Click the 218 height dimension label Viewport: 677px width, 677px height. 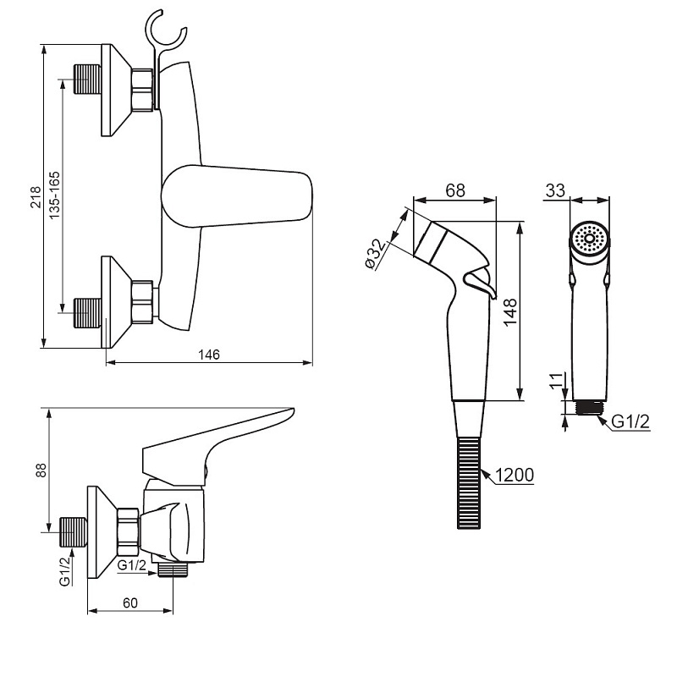pos(36,197)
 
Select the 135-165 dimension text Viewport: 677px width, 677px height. pos(54,195)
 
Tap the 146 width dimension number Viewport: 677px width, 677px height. pos(209,355)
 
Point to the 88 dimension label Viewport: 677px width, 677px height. pos(41,471)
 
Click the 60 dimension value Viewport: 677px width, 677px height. pos(130,603)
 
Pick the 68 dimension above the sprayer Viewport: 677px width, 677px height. pos(455,190)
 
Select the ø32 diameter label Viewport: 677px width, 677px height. pos(374,253)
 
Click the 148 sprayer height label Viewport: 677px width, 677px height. pos(510,312)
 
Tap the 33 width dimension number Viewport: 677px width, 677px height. pos(555,190)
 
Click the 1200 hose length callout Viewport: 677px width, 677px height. pos(515,475)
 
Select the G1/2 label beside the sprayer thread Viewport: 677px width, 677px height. pos(630,421)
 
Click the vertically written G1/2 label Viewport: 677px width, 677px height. pos(65,571)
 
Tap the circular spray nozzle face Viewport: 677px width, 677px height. pos(589,238)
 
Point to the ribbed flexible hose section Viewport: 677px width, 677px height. pos(469,482)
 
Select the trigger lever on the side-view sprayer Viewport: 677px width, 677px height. pos(479,283)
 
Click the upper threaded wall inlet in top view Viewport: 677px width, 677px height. pos(87,80)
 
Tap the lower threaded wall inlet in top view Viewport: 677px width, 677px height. pos(88,312)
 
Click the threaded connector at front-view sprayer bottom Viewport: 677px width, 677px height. pos(589,407)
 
